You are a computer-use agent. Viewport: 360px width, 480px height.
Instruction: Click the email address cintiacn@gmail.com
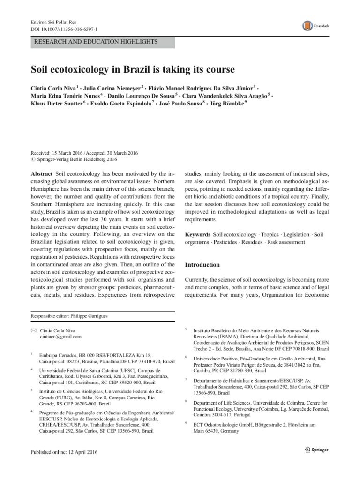pyautogui.click(x=61, y=337)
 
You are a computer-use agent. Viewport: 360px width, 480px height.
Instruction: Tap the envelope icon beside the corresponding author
pyautogui.click(x=32, y=330)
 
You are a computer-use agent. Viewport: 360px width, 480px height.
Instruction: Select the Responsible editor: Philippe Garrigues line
pyautogui.click(x=68, y=316)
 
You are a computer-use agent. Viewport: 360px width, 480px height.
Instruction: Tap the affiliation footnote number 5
pyautogui.click(x=187, y=330)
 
